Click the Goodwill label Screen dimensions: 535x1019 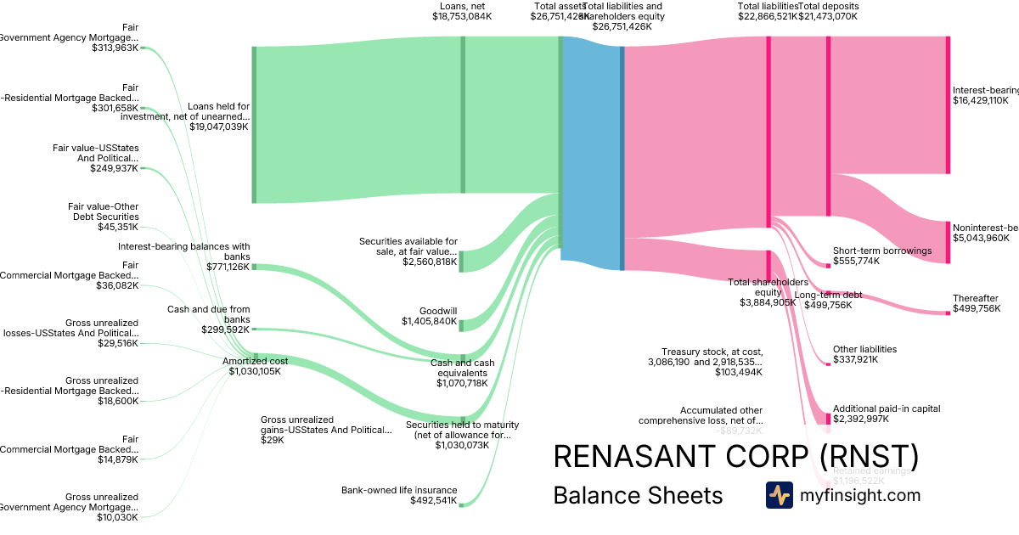438,311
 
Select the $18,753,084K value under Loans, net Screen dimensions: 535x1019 461,16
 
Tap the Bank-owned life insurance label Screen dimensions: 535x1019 399,490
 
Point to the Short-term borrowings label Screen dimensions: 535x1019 882,251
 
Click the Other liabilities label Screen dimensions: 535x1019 864,349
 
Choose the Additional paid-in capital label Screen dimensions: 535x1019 887,408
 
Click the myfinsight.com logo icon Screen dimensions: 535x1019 779,495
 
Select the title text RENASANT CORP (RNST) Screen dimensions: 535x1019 735,456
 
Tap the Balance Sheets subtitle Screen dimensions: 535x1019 638,495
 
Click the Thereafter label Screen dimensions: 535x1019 975,298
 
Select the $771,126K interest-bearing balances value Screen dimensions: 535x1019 228,267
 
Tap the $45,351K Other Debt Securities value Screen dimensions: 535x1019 118,227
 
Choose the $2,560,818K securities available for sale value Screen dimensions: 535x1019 430,262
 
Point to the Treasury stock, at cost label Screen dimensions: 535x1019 712,352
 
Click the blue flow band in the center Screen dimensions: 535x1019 592,153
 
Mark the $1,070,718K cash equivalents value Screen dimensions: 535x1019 464,383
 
